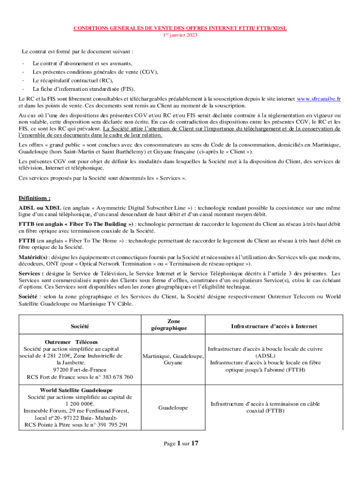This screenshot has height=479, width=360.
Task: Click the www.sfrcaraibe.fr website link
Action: [319, 99]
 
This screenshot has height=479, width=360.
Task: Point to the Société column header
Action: [80, 326]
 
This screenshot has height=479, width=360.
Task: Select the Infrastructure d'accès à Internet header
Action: [274, 326]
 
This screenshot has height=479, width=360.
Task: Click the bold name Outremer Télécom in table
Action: [71, 342]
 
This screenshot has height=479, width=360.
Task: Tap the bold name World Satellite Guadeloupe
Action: [76, 390]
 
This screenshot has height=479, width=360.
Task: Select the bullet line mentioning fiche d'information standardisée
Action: [83, 88]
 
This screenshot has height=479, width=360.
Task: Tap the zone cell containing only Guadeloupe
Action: [173, 408]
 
